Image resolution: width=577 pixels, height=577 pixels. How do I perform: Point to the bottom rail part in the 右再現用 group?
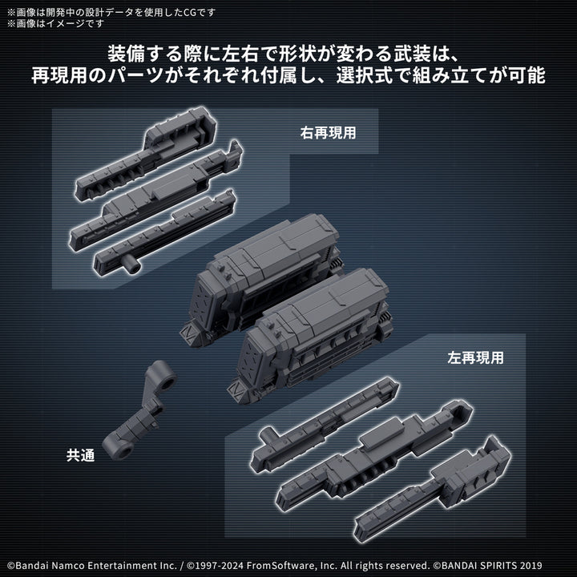coord(164,232)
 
